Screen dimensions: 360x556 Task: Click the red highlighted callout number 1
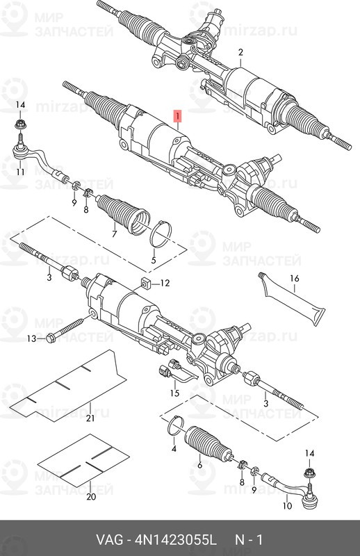coord(177,115)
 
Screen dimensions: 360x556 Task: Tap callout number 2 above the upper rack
coord(240,53)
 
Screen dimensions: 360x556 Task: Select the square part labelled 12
coord(145,283)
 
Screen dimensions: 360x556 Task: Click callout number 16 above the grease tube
coord(295,279)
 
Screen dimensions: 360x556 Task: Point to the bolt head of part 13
coord(51,338)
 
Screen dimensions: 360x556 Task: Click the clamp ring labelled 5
coord(161,233)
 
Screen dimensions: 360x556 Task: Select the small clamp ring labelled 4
coord(174,425)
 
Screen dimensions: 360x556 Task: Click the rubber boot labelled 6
coord(208,443)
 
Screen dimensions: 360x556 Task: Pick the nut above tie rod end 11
coord(20,125)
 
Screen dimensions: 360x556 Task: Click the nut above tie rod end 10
coord(310,473)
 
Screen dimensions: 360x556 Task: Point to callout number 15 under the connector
coord(175,393)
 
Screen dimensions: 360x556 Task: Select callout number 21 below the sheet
coord(90,418)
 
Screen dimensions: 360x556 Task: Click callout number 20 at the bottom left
coord(91,496)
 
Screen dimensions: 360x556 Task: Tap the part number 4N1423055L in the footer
coord(175,541)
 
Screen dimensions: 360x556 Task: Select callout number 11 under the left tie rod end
coord(21,172)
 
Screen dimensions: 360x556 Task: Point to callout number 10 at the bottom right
coord(287,506)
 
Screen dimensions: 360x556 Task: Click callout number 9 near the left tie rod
coord(74,203)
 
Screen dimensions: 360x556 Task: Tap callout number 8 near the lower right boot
coord(242,482)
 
